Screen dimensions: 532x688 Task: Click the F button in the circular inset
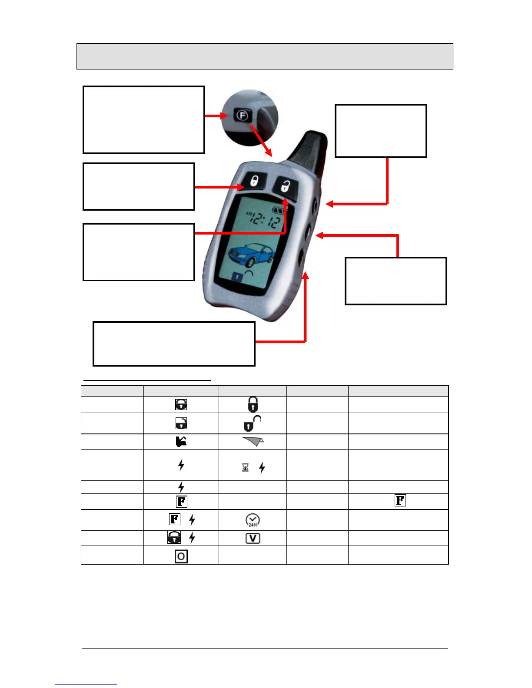242,116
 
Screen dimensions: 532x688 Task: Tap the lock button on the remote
253,180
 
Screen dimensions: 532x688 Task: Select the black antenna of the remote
311,150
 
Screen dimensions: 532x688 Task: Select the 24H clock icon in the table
253,520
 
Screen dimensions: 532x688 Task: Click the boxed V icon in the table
253,538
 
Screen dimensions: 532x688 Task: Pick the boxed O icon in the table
181,556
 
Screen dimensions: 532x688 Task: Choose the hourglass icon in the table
245,467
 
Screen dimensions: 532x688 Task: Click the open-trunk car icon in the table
181,442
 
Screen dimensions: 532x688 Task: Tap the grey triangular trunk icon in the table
253,442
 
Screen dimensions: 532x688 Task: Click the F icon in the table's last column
400,500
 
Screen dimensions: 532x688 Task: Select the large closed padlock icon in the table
253,404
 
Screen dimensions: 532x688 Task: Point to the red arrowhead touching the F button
225,116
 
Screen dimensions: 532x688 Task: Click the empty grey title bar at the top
265,56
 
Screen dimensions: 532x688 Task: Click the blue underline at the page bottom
86,684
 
